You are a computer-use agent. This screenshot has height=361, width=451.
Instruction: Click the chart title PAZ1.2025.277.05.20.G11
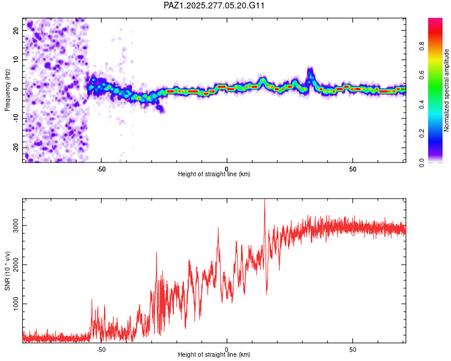(x=215, y=5)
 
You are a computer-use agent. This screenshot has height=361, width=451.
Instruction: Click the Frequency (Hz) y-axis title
(x=8, y=90)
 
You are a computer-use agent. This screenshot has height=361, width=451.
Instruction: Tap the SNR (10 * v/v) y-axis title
(x=8, y=271)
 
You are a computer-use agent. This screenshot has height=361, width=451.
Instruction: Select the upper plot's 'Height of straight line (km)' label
(x=214, y=174)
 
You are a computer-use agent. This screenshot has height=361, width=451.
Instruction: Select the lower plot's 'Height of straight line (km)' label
(x=214, y=354)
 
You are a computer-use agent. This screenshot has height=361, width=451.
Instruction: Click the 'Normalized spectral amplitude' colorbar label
(x=446, y=90)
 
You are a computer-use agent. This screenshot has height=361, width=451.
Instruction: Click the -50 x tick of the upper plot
(x=100, y=168)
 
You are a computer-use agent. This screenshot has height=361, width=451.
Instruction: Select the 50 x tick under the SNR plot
(x=353, y=348)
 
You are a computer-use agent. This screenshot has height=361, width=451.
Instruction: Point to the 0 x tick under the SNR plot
(x=227, y=348)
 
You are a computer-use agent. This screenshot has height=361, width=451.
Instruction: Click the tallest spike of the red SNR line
(x=265, y=202)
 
